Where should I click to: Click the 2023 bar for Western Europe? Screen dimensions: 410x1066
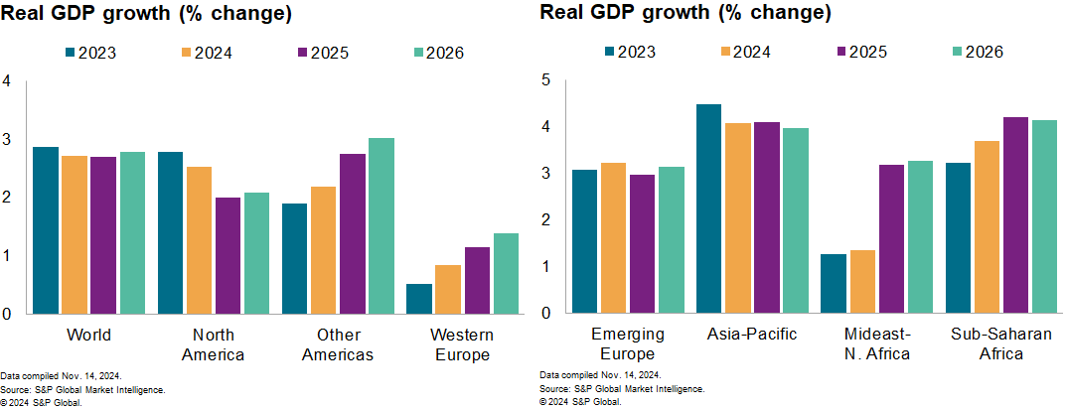point(419,299)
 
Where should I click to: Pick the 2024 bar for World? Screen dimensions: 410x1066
point(75,235)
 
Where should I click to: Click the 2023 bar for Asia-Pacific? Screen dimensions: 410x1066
point(708,208)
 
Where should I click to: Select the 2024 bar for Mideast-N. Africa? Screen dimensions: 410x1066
point(861,282)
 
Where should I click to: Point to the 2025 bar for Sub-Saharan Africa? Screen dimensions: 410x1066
point(1015,215)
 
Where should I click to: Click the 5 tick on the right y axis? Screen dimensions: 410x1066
point(544,80)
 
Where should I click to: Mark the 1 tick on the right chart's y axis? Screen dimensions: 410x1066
point(544,267)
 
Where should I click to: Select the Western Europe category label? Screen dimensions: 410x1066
point(461,343)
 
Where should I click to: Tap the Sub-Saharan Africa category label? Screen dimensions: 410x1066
point(1000,343)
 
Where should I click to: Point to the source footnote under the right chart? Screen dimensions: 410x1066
point(622,389)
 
